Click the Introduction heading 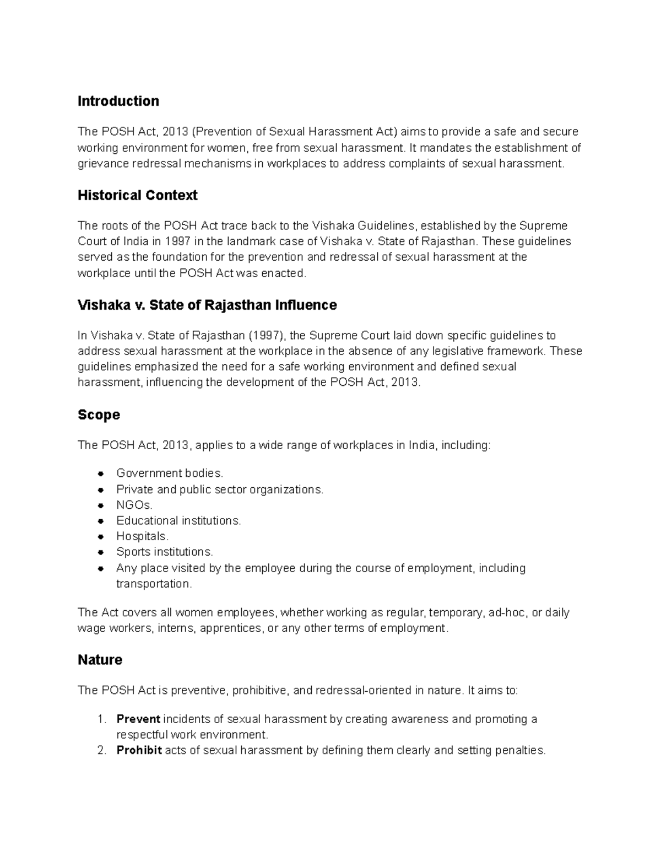(x=118, y=101)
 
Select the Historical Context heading (x=137, y=196)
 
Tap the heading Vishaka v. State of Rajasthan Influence (x=207, y=305)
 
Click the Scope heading (x=99, y=415)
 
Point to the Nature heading (x=100, y=660)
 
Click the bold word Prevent (x=138, y=719)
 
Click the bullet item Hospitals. (x=142, y=536)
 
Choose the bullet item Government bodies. (x=170, y=473)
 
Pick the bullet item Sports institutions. (x=164, y=552)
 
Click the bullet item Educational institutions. (x=178, y=521)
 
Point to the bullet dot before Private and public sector (x=101, y=489)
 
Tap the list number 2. (x=100, y=750)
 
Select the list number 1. (x=100, y=719)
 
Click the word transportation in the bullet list (x=154, y=584)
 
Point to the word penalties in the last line (x=520, y=750)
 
